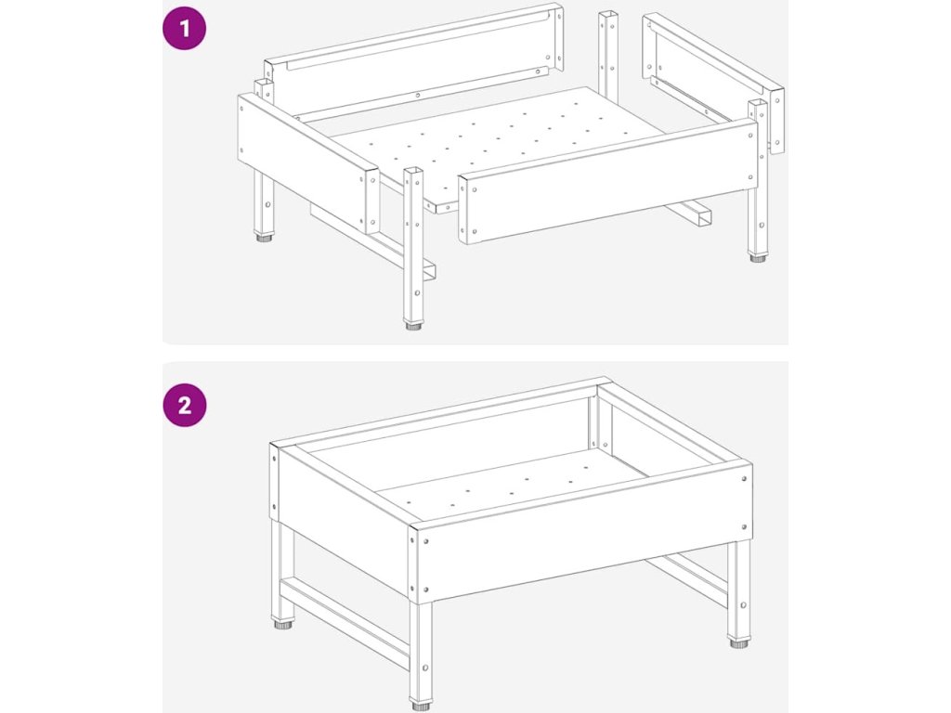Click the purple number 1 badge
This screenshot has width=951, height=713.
coord(185,28)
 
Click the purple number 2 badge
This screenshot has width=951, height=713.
coord(185,405)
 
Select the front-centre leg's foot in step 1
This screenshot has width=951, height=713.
coord(414,326)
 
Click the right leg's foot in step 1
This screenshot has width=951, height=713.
coord(757,258)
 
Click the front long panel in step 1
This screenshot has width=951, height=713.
coord(608,182)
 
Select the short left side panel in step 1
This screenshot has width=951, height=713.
coord(308,162)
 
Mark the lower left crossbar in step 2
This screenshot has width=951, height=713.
coord(345,618)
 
